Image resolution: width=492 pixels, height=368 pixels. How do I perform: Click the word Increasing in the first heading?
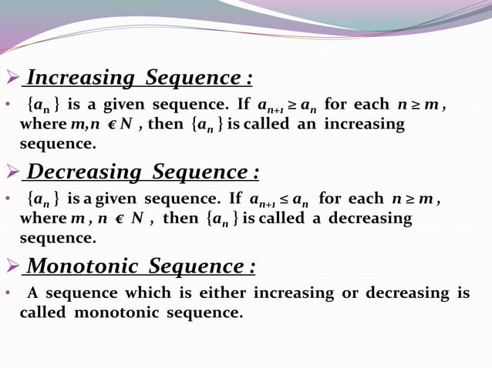(81, 79)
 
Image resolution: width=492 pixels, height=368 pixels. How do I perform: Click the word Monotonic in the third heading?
(83, 267)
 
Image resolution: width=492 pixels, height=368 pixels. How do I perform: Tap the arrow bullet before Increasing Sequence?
(12, 78)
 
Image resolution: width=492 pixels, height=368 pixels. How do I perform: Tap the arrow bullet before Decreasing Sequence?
(12, 171)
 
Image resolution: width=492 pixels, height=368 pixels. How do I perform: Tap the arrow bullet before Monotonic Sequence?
(12, 267)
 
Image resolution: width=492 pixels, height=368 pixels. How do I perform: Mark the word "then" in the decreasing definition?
(181, 219)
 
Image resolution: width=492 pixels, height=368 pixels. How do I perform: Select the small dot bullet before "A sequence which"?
(7, 294)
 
